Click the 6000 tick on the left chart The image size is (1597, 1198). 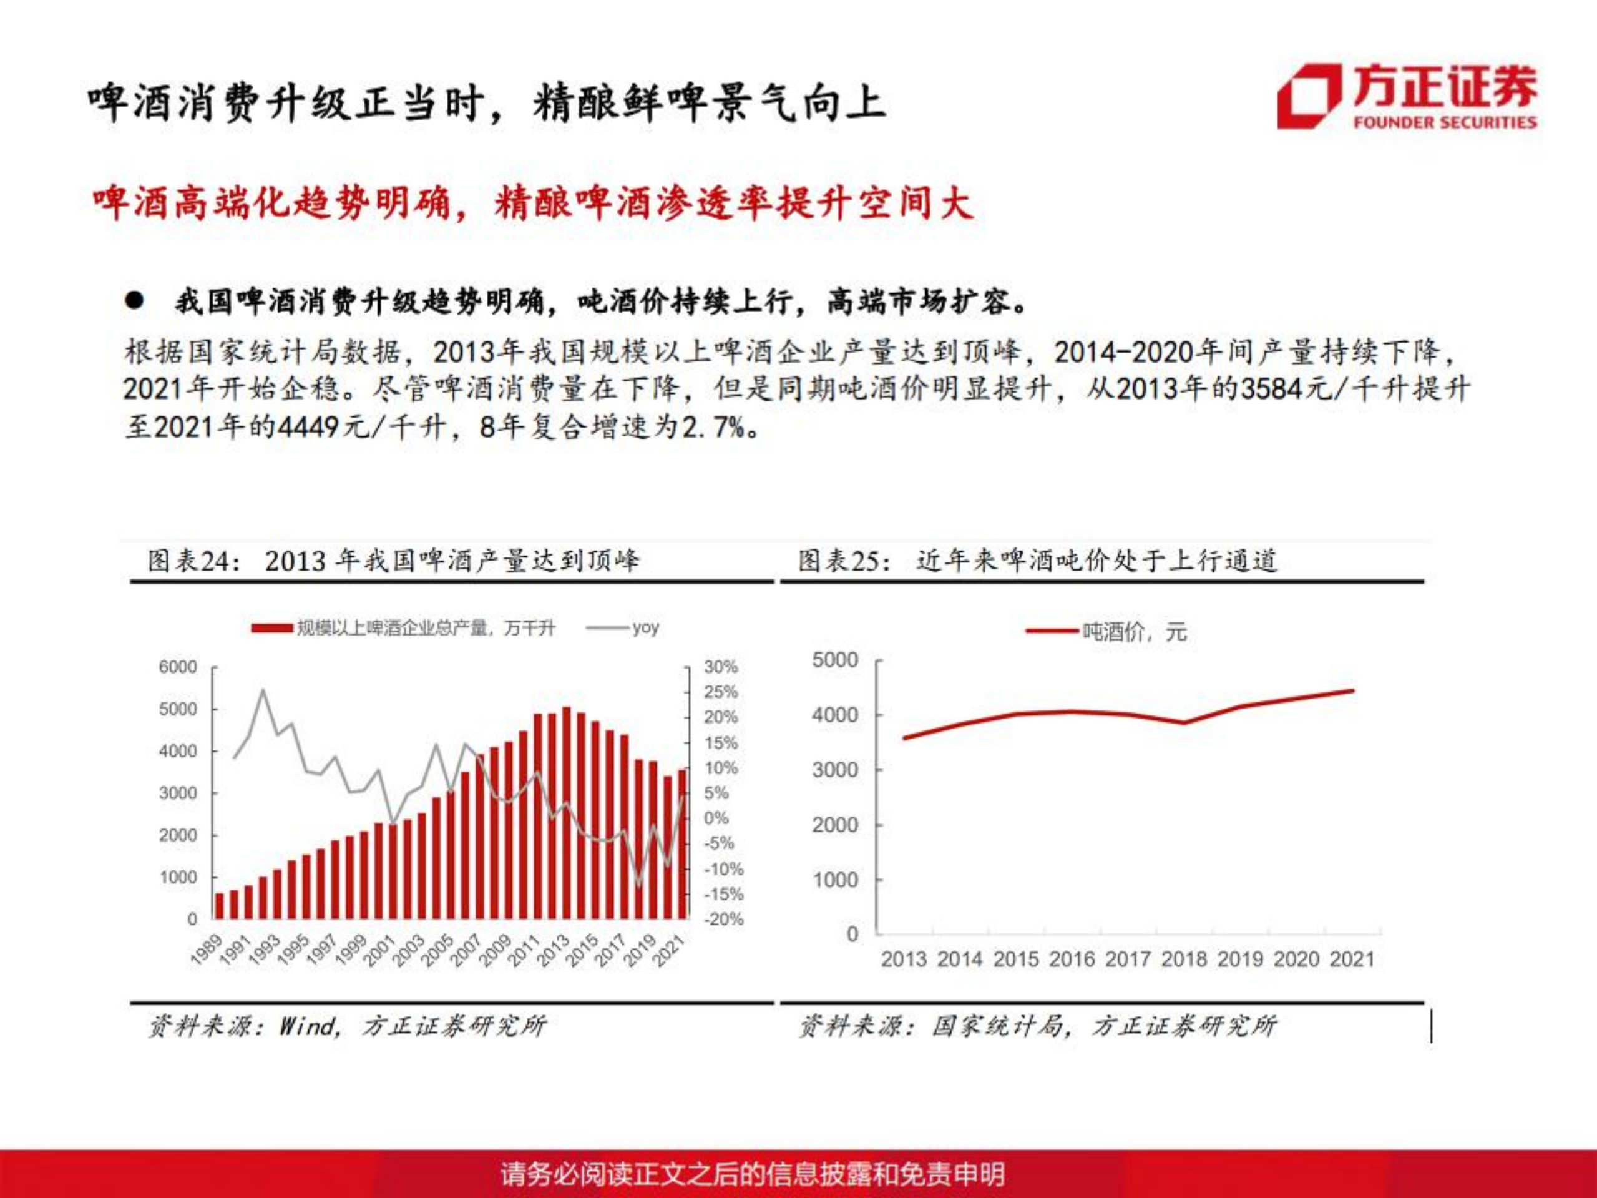(178, 667)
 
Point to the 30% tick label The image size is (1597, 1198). (721, 667)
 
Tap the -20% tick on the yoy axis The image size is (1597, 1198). (723, 920)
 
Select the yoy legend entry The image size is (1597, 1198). (644, 627)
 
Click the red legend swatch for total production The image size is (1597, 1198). (271, 628)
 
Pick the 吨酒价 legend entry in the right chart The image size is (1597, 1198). (1133, 632)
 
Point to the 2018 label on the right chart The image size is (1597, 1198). (1183, 959)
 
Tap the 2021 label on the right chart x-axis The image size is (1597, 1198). (1352, 959)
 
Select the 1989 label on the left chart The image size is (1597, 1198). (206, 950)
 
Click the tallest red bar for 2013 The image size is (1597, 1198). (567, 812)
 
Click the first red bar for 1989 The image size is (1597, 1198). (220, 906)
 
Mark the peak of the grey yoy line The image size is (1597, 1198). (262, 690)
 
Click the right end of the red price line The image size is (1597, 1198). (1352, 691)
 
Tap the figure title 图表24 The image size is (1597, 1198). (193, 561)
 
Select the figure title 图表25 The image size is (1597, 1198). (843, 561)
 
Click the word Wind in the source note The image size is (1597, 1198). (308, 1026)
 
